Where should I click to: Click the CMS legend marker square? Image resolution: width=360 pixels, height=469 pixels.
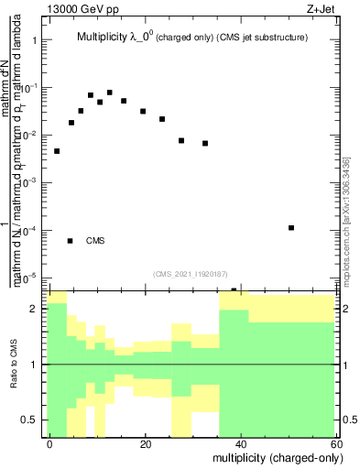70,241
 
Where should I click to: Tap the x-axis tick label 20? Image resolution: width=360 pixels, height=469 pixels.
145,443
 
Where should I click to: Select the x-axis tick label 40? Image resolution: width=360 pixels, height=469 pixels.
241,443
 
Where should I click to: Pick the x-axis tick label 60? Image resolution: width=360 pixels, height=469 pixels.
336,443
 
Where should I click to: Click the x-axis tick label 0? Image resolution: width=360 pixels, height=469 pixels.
49,443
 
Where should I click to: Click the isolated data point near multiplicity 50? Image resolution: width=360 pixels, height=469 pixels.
290,227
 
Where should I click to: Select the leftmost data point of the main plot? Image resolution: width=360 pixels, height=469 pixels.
57,151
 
